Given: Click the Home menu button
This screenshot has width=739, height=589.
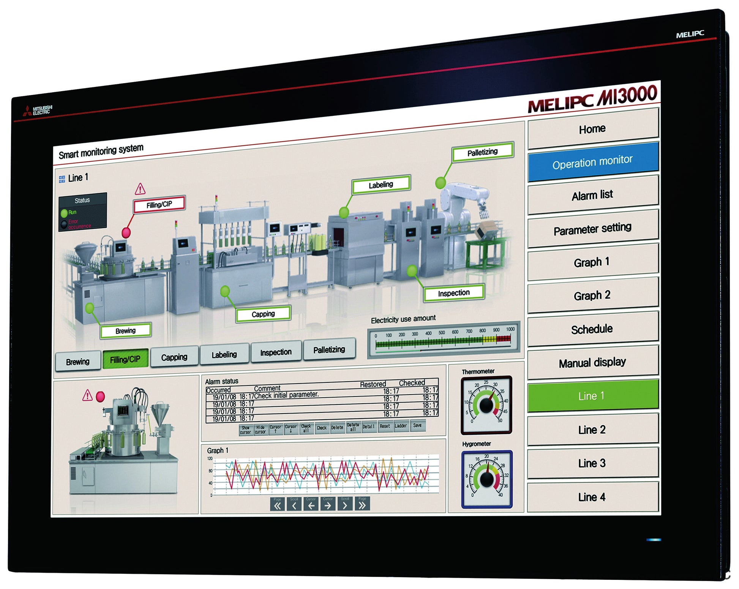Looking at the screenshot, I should (x=592, y=129).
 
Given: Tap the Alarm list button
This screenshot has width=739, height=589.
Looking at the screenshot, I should (x=592, y=195).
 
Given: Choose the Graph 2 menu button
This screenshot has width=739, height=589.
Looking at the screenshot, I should (x=592, y=295).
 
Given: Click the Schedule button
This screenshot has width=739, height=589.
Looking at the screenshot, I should (x=592, y=329).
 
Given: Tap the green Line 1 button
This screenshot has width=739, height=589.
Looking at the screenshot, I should (x=592, y=396).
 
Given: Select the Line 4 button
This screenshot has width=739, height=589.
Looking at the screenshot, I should (x=592, y=497).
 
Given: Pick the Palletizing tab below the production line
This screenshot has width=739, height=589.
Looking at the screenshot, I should (x=329, y=349).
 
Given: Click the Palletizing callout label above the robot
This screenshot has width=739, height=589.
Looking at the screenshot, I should (x=482, y=152).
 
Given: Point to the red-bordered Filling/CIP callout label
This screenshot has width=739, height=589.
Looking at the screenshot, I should (x=159, y=205).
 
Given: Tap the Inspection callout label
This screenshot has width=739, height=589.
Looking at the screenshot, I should (x=454, y=293).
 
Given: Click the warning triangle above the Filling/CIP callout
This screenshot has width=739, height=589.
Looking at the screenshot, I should (x=140, y=188).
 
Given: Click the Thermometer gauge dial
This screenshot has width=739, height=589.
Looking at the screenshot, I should (x=486, y=405).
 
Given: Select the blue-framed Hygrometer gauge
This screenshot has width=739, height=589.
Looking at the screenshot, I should (x=487, y=479).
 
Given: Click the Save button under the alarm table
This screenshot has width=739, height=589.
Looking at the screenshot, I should (x=417, y=425).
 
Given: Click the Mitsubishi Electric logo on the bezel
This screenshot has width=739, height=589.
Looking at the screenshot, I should (x=37, y=111).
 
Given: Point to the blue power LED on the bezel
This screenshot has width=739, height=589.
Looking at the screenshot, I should (x=654, y=540).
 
